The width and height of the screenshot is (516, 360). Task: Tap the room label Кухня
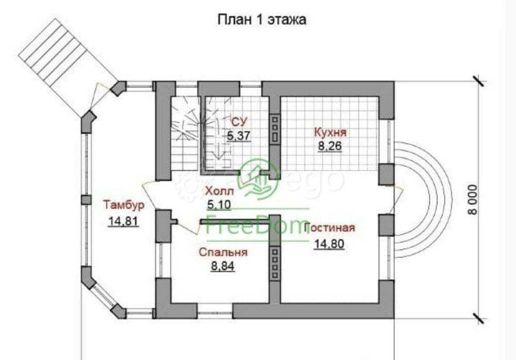pyautogui.click(x=330, y=133)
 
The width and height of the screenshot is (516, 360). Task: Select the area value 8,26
pyautogui.click(x=330, y=146)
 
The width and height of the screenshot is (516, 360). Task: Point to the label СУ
pyautogui.click(x=238, y=122)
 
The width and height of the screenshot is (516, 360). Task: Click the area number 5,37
pyautogui.click(x=238, y=136)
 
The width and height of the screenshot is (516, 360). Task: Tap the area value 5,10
pyautogui.click(x=218, y=205)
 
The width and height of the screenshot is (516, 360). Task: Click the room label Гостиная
pyautogui.click(x=330, y=228)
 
